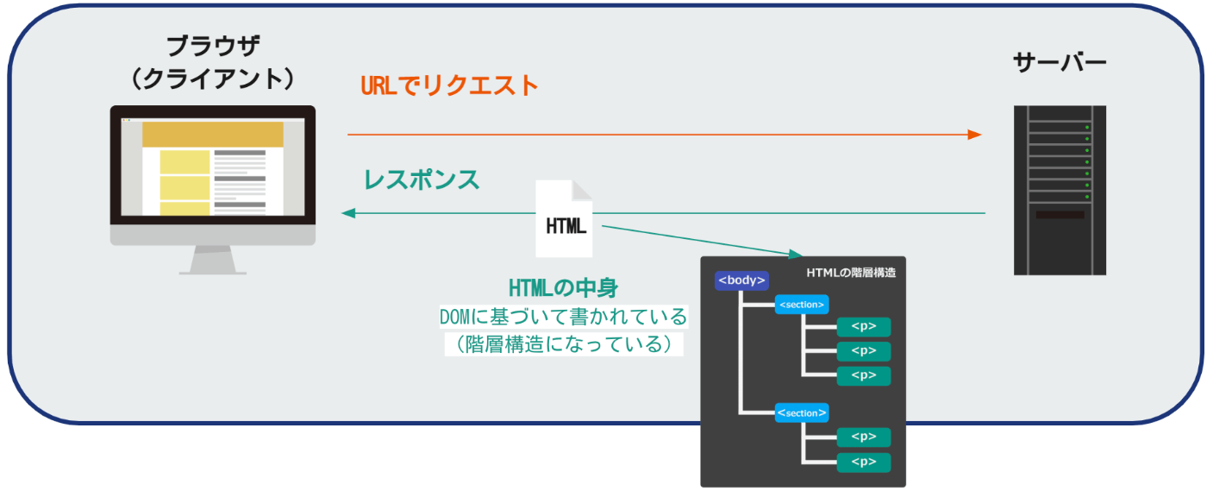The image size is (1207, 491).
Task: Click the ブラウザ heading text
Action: [x=214, y=47]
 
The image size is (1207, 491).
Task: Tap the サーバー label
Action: [x=1060, y=63]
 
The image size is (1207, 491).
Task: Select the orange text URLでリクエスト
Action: [x=449, y=85]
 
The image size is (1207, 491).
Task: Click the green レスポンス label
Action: [x=422, y=179]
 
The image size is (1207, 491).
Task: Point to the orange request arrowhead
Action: [x=974, y=135]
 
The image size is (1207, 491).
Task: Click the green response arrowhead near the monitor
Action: [x=348, y=213]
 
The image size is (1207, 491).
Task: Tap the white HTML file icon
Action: [x=564, y=218]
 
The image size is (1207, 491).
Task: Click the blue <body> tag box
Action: [x=741, y=280]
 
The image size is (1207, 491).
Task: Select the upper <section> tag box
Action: [x=802, y=305]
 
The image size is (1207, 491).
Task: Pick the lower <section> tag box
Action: [x=802, y=413]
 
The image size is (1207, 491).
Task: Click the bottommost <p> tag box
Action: [x=864, y=463]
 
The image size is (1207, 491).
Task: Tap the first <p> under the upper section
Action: [x=864, y=327]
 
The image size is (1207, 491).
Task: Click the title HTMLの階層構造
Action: [x=852, y=273]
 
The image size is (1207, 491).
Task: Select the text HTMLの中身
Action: [x=563, y=288]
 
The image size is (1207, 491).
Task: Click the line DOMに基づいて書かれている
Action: [x=564, y=317]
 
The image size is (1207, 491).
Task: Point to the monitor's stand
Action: [x=213, y=260]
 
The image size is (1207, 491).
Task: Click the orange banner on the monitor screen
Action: [x=213, y=135]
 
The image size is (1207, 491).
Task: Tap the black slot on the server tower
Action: [x=1060, y=215]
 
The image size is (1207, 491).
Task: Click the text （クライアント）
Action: [x=214, y=79]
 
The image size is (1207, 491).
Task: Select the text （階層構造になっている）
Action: [x=564, y=344]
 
